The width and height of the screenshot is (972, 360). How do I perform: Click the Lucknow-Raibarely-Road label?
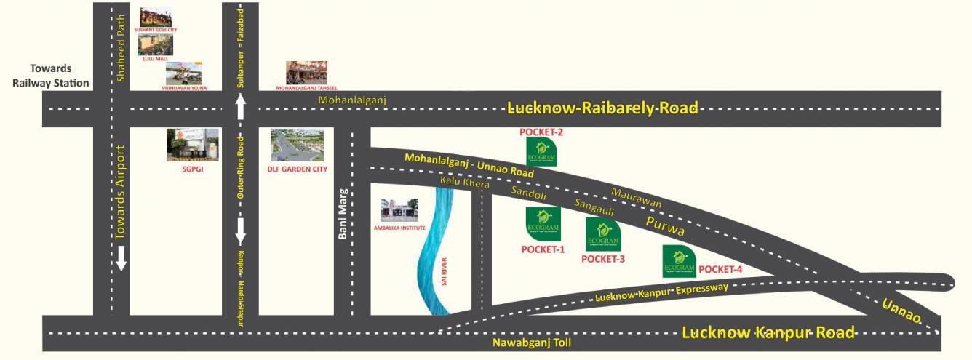click(x=602, y=108)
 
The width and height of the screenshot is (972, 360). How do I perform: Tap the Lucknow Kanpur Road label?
click(x=768, y=333)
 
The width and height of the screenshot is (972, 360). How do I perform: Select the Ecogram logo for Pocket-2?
click(x=542, y=152)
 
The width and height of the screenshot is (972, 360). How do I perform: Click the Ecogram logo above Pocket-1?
click(x=543, y=223)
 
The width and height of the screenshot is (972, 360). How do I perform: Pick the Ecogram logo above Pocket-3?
click(x=603, y=233)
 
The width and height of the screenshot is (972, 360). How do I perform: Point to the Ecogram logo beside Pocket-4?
click(x=680, y=261)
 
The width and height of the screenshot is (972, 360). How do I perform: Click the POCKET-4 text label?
click(x=720, y=270)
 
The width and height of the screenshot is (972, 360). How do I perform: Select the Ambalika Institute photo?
click(x=399, y=209)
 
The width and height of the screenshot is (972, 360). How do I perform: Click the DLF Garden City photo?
click(x=298, y=145)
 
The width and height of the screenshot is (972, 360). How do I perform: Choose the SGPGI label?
click(x=192, y=168)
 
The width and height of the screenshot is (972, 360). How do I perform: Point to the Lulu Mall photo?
click(x=156, y=45)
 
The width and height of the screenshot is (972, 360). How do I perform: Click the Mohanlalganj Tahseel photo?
click(x=307, y=73)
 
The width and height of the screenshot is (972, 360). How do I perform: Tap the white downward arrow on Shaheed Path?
click(x=122, y=257)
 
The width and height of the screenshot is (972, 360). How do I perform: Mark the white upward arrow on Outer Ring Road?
click(x=241, y=108)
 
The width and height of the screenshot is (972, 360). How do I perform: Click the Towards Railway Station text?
click(x=50, y=76)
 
